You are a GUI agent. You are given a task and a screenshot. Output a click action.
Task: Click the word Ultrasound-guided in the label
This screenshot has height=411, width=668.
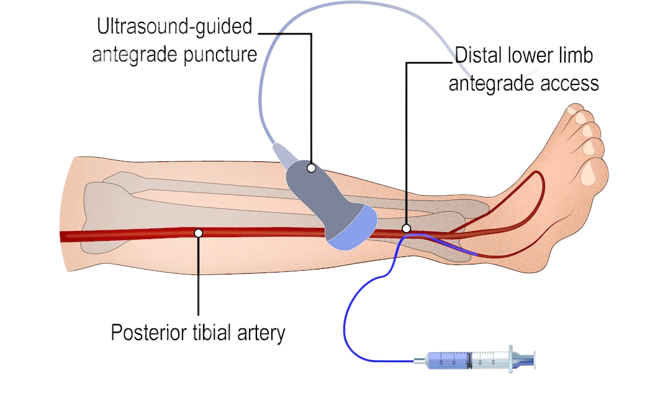(174, 27)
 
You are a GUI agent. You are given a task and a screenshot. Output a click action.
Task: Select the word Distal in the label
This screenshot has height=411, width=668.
(479, 55)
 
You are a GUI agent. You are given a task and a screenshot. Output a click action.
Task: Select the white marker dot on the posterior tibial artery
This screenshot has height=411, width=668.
(198, 233)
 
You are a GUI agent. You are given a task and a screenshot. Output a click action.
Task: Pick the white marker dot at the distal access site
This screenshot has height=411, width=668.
(406, 228)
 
